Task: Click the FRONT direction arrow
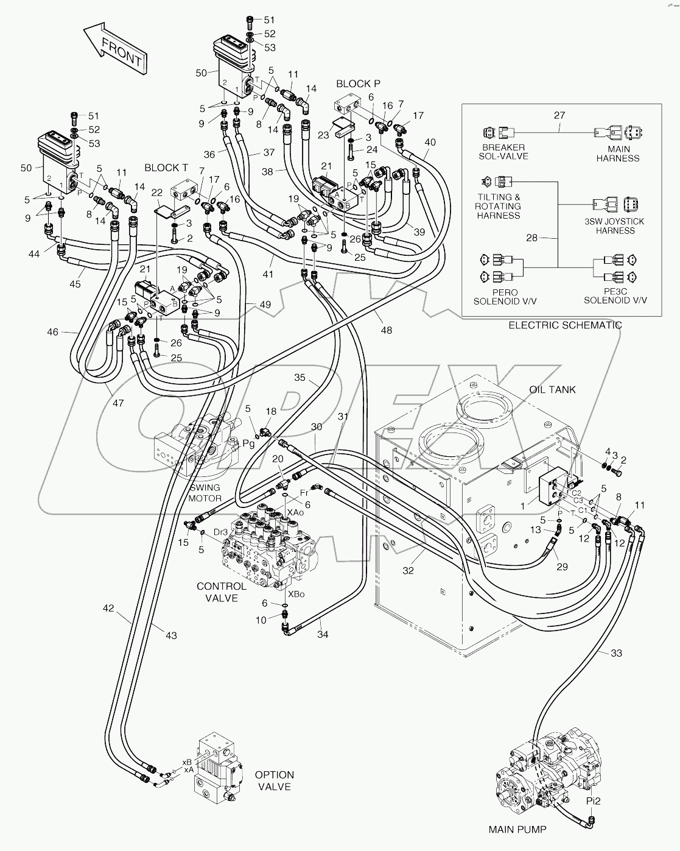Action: click(116, 48)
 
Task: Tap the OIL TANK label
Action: click(552, 389)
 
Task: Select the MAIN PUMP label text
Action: click(517, 829)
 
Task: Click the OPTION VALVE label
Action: click(274, 780)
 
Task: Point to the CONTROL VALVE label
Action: click(222, 592)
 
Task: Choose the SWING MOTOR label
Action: click(205, 493)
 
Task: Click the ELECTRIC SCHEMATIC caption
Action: click(565, 325)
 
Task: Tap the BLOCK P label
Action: click(358, 83)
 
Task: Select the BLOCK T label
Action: click(166, 167)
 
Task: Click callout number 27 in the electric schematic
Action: click(559, 115)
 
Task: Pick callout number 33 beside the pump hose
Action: click(616, 653)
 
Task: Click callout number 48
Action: click(386, 330)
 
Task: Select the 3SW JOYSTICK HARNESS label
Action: click(615, 226)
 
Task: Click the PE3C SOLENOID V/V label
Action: click(615, 296)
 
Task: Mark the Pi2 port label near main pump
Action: click(593, 801)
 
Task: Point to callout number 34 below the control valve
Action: click(323, 635)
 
